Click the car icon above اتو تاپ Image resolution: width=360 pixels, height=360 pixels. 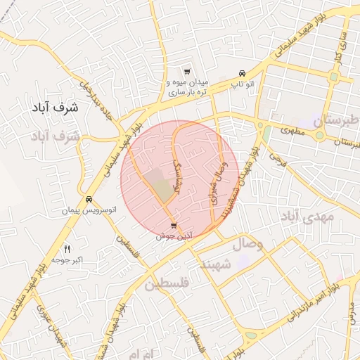coord(243,73)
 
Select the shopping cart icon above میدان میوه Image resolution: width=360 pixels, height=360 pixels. coord(186,72)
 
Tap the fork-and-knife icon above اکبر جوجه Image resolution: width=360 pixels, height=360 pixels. coord(67,248)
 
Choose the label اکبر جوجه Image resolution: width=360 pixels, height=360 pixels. coord(67,259)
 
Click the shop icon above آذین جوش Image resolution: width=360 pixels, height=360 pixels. coord(174,226)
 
